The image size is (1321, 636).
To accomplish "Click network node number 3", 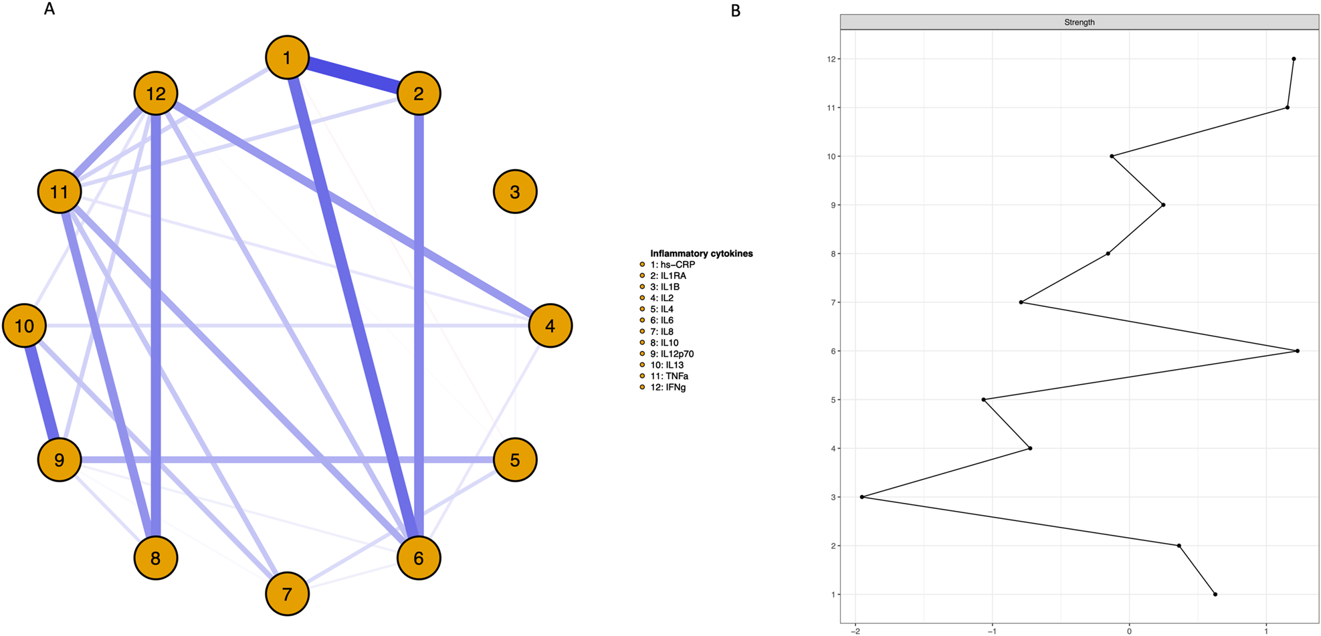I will (515, 192).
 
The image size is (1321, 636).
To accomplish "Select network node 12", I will (156, 94).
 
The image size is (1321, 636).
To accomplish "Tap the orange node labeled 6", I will (419, 558).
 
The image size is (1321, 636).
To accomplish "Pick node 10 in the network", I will (25, 326).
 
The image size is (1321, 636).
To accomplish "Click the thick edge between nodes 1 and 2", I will (353, 76).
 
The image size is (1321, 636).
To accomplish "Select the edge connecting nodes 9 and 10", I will (42, 393).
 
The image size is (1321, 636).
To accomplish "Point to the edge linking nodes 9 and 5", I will (288, 460).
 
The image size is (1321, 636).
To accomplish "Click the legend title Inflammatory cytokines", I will (701, 253).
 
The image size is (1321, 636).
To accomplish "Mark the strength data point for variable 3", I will (862, 497).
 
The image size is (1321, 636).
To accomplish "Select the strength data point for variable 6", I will (1297, 351).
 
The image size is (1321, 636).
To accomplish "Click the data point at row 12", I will (1294, 59).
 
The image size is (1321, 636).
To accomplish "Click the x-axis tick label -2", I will (854, 631).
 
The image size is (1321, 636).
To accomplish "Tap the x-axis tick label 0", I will (1129, 631).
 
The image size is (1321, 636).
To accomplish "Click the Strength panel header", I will (1079, 22).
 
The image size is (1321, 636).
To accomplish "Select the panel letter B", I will (736, 11).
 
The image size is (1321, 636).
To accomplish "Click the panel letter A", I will (49, 9).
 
